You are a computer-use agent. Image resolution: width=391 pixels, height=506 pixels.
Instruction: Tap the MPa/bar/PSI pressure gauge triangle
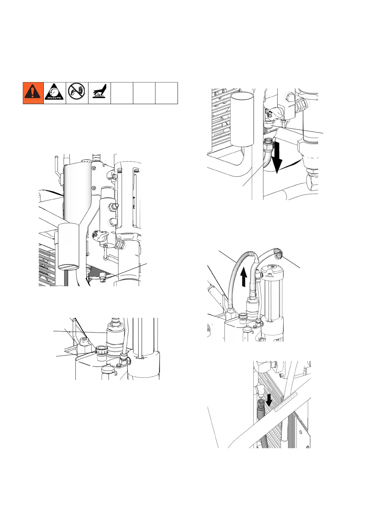[x=55, y=93]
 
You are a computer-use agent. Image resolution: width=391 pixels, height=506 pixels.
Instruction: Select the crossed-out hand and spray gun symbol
[x=77, y=93]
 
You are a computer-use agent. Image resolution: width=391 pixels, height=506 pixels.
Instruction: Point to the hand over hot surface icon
[x=99, y=93]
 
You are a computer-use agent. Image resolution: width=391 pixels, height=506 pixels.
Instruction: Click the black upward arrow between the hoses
[x=243, y=277]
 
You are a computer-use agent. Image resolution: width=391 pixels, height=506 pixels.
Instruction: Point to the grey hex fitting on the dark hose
[x=260, y=405]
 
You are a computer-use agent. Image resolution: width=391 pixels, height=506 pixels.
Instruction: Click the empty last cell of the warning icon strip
[x=166, y=93]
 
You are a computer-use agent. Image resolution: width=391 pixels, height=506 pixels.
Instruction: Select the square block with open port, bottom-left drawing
[x=84, y=347]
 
